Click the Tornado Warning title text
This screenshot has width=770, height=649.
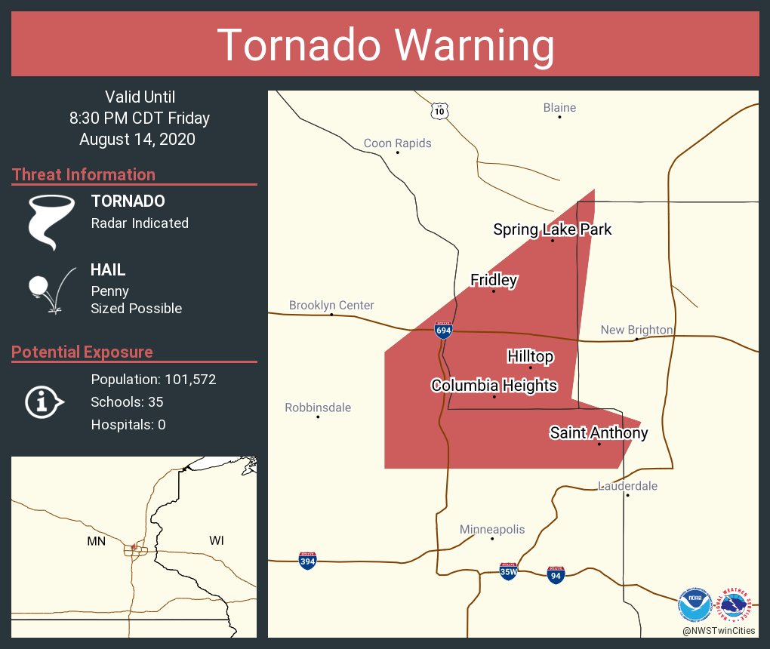[385, 45]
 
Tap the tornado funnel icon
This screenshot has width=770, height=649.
[51, 222]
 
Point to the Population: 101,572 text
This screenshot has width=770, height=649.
[153, 380]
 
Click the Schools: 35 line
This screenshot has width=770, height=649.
[127, 402]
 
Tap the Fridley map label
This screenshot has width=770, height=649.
[494, 280]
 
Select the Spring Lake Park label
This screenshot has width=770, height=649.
[552, 229]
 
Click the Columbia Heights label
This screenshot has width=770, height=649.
[494, 386]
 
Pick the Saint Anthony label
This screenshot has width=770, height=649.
[599, 433]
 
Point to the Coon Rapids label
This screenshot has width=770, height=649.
[397, 143]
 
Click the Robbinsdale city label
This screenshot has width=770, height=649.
[318, 408]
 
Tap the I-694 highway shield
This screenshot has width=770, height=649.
[443, 330]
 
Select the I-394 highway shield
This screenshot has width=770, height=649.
[306, 560]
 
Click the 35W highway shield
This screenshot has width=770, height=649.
[508, 571]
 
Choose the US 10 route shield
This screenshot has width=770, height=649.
[439, 111]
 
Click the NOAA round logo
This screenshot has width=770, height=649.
[695, 604]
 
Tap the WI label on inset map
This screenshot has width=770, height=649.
[216, 540]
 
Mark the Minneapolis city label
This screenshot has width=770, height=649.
[491, 530]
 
